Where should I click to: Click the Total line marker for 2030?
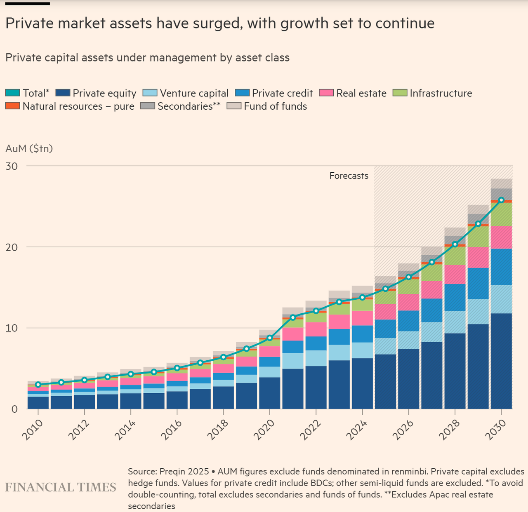click(x=501, y=200)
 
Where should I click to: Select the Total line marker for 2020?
click(x=270, y=338)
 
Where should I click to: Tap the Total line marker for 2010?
click(x=38, y=385)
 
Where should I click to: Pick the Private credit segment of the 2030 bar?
click(x=501, y=267)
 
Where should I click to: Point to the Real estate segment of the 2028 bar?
click(x=455, y=275)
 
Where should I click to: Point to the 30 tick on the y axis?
click(x=12, y=166)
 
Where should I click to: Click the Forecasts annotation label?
click(x=349, y=176)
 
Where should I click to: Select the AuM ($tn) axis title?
click(x=29, y=148)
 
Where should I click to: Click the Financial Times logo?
click(x=61, y=487)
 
